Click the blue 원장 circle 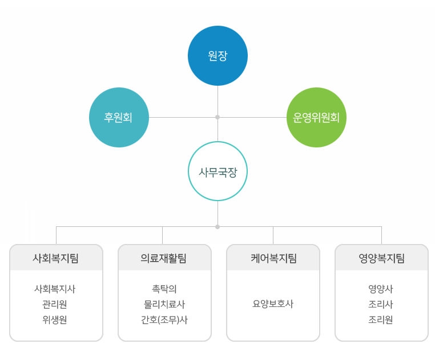tap(217, 55)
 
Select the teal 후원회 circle tap(119, 117)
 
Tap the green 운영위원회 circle tap(316, 117)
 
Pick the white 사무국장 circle tap(217, 171)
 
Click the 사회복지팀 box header tap(56, 258)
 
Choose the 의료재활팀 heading tap(163, 258)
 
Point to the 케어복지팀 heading tap(274, 258)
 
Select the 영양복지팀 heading tap(382, 258)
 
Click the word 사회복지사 tap(55, 289)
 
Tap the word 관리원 tap(55, 305)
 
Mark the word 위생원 tap(55, 320)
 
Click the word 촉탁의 tap(164, 289)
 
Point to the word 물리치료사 tap(164, 305)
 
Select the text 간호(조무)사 tap(164, 320)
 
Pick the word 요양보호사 tap(273, 304)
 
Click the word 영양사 tap(381, 289)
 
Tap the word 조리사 tap(381, 305)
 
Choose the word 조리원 tap(381, 320)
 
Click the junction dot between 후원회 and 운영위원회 tap(217, 117)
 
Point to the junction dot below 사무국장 tap(217, 227)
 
